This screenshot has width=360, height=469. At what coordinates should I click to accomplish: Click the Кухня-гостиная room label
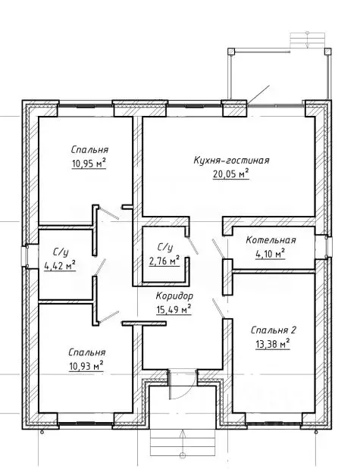tap(231, 161)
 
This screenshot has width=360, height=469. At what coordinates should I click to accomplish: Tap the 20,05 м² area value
tap(231, 174)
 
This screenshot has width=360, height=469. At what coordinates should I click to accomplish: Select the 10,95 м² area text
tap(89, 164)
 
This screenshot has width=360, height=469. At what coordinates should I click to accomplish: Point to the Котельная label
tap(271, 240)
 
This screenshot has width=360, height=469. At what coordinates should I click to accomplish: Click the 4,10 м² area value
tap(271, 254)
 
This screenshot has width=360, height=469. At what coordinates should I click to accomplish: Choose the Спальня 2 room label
tap(273, 330)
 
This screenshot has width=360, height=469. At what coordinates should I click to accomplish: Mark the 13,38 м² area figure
tap(273, 344)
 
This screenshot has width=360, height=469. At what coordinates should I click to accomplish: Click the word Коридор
tap(174, 295)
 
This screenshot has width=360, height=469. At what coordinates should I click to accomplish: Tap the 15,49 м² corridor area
tap(174, 310)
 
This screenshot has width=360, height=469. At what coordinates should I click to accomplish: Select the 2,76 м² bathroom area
tap(164, 261)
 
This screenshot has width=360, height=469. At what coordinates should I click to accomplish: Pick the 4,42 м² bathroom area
tap(60, 266)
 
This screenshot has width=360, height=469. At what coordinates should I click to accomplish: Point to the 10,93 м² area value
tap(86, 366)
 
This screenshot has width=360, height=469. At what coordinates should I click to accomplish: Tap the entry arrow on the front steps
tap(182, 443)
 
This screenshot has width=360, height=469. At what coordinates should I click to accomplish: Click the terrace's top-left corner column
tap(231, 52)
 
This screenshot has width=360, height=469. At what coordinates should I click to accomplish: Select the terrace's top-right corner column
tap(328, 52)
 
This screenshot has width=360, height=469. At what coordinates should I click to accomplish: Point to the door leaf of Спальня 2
tap(218, 308)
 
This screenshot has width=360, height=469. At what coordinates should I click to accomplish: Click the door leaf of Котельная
tap(218, 249)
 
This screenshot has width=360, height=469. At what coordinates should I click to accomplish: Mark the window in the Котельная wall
tap(329, 246)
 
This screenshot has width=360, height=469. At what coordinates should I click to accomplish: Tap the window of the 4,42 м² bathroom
tap(24, 256)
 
